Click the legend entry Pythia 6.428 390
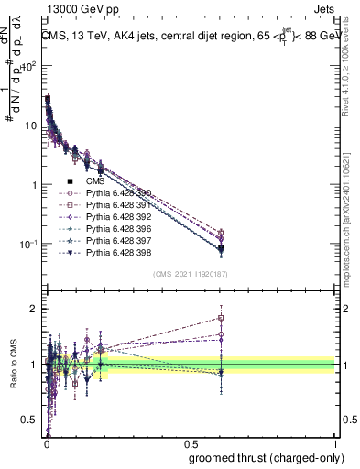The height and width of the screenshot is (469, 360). pyautogui.click(x=114, y=193)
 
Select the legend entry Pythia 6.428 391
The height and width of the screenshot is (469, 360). pyautogui.click(x=114, y=205)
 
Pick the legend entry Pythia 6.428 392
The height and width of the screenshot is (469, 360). pyautogui.click(x=114, y=217)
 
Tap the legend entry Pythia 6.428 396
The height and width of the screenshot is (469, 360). pyautogui.click(x=114, y=229)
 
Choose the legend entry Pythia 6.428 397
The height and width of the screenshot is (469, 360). pyautogui.click(x=114, y=241)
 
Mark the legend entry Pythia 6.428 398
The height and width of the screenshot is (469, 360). pyautogui.click(x=114, y=253)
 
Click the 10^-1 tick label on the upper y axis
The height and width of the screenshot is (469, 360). pyautogui.click(x=30, y=244)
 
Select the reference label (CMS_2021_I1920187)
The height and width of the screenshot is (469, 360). pyautogui.click(x=191, y=274)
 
